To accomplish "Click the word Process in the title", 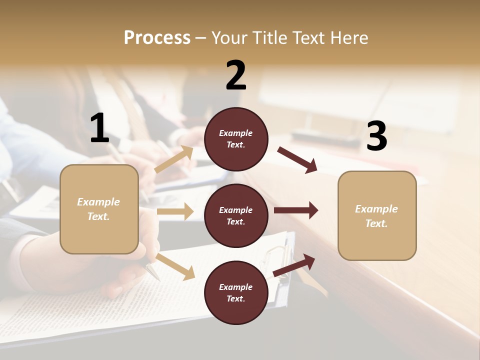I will [x=157, y=37].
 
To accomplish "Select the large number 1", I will [x=99, y=128].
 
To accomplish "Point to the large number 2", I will [x=236, y=75].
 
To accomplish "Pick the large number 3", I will [x=376, y=136].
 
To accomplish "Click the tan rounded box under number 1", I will [x=99, y=209].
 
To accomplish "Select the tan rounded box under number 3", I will [x=377, y=215].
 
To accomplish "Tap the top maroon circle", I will [x=236, y=139].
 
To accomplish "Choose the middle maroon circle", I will [x=236, y=215].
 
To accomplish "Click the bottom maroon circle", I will [x=236, y=292].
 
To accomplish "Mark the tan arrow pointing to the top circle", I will [x=174, y=159].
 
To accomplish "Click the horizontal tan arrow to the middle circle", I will [x=175, y=211].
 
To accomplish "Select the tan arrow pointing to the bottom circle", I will [x=175, y=266].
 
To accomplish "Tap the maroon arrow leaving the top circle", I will [x=297, y=159].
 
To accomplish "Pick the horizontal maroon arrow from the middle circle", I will [x=295, y=210].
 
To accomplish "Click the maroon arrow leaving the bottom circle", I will [x=294, y=265].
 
